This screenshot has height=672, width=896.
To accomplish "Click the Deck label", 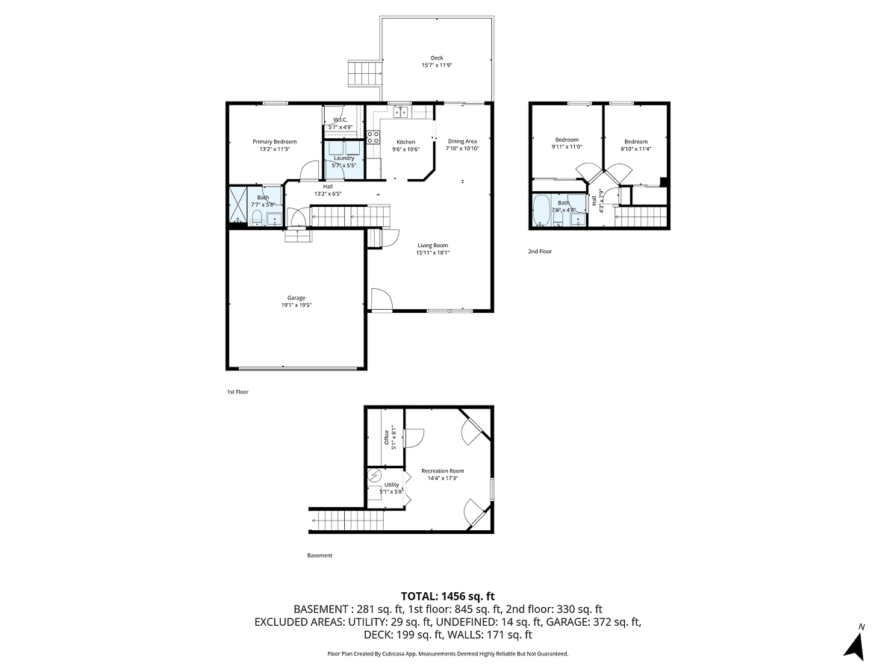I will [x=437, y=57].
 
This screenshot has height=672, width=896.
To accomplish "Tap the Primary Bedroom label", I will [x=274, y=142].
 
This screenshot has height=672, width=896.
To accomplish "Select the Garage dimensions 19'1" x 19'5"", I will [x=296, y=305].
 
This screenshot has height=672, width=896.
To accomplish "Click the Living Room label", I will [x=432, y=245].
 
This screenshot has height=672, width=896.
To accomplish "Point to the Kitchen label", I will [x=405, y=142].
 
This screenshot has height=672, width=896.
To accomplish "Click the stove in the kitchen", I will [x=373, y=136].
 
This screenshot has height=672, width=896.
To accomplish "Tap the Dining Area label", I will [x=462, y=141].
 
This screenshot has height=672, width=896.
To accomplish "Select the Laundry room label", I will [x=344, y=158].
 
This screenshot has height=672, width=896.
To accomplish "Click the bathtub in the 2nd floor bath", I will [x=541, y=211].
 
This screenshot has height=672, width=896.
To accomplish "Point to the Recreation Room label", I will [x=443, y=470].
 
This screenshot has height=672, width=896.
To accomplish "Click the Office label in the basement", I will [x=386, y=436].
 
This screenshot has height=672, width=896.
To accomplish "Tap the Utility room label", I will [x=391, y=485].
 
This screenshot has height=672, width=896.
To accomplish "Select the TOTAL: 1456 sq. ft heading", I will [x=448, y=596].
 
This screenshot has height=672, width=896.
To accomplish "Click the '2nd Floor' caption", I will [x=540, y=252].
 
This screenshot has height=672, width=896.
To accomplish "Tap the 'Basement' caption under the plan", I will [x=320, y=556].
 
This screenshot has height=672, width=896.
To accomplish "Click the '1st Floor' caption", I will [x=237, y=391].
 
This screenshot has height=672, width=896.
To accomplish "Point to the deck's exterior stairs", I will [x=365, y=73].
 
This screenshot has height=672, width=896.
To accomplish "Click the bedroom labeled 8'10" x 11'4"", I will [x=635, y=142].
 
